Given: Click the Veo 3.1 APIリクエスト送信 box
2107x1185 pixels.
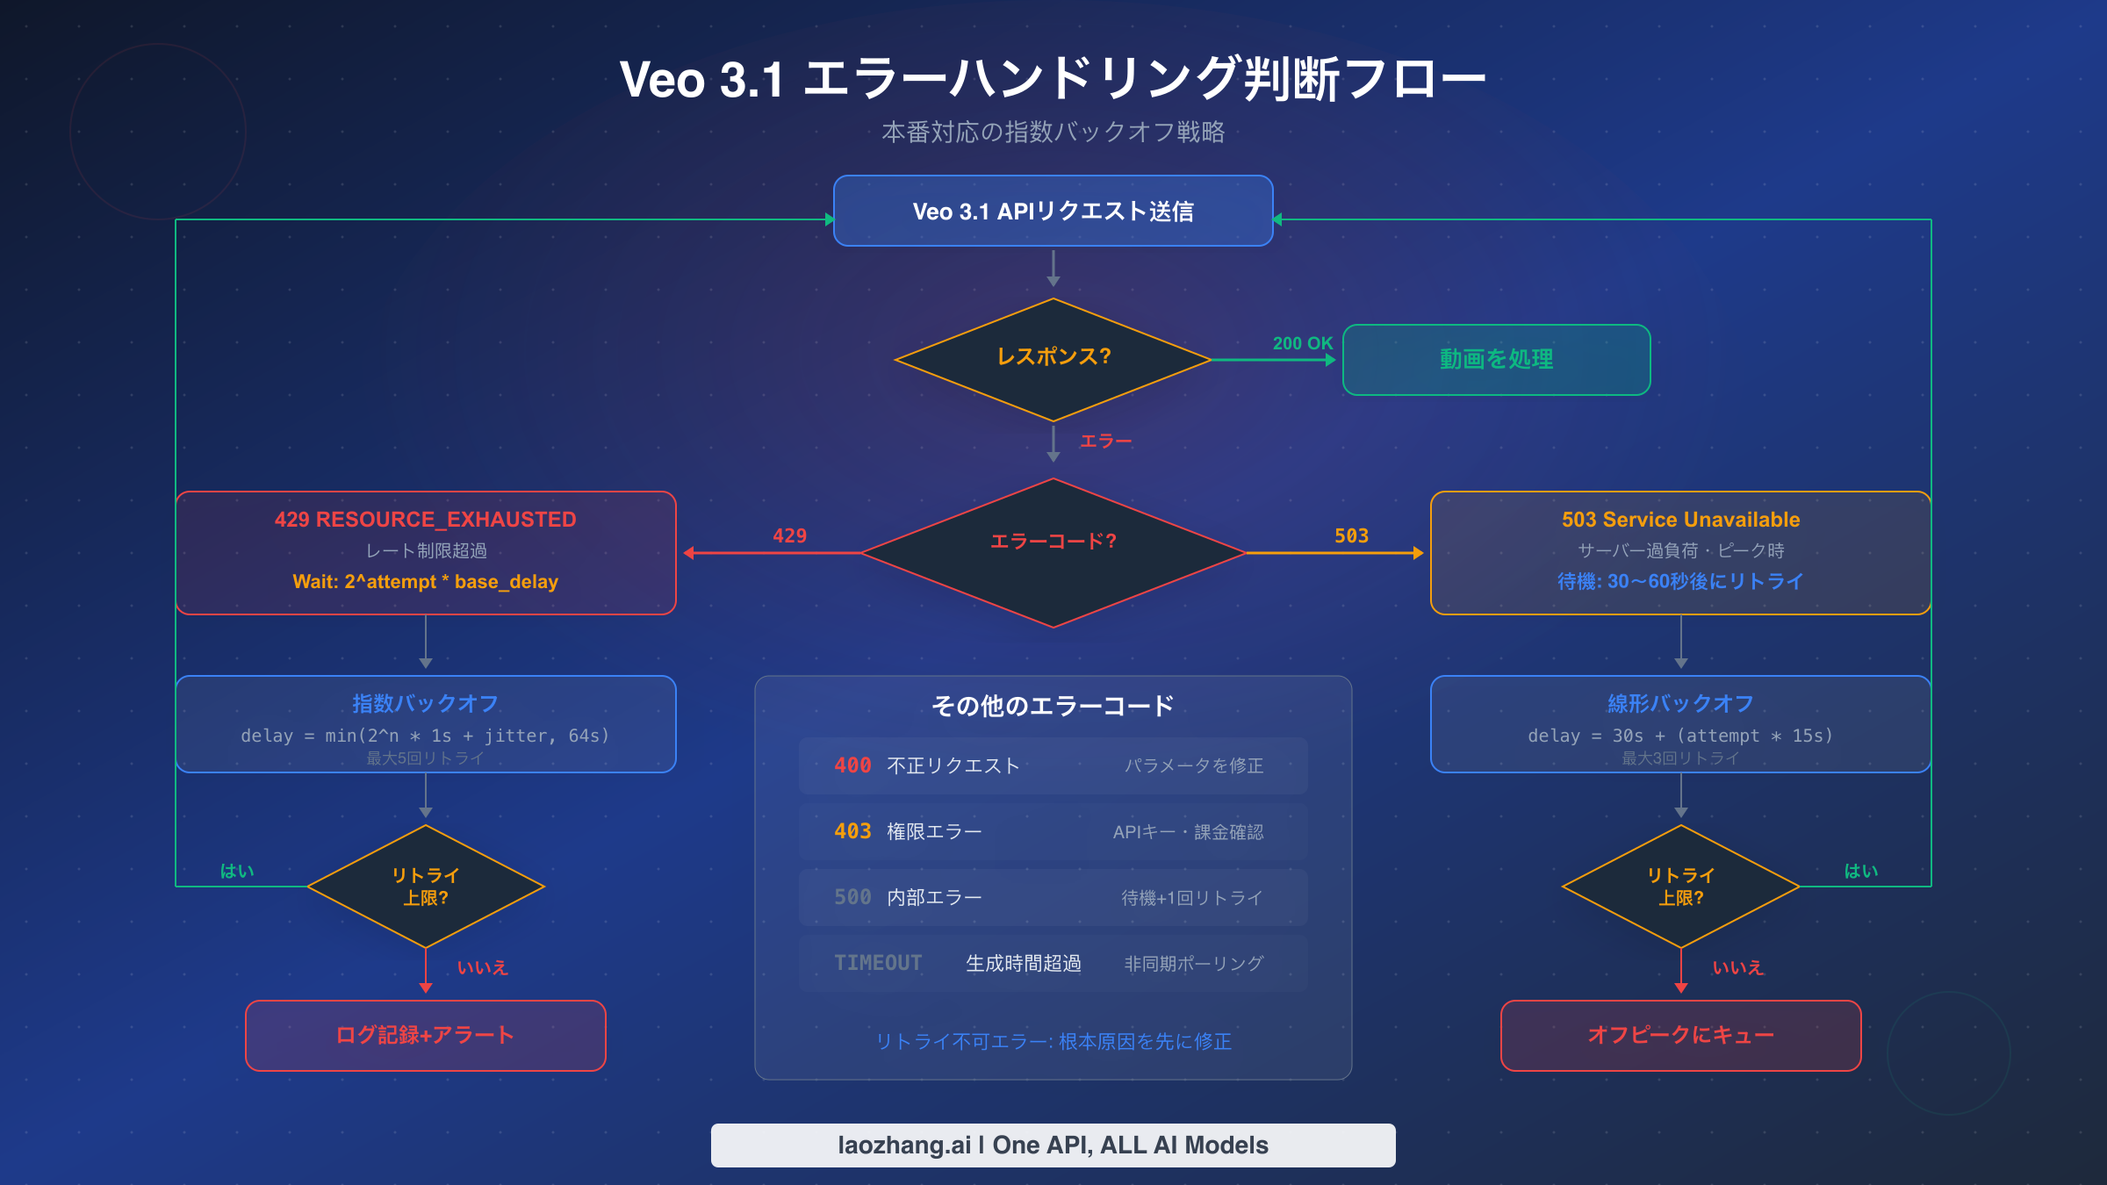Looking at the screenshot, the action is pyautogui.click(x=1053, y=212).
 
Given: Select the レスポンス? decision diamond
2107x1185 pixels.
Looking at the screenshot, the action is pyautogui.click(x=1053, y=358).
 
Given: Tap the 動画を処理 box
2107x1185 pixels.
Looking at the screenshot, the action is pyautogui.click(x=1496, y=359).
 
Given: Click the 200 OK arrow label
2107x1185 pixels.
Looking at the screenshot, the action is pyautogui.click(x=1302, y=343).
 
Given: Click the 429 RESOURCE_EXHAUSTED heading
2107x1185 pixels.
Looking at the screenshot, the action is pyautogui.click(x=425, y=520).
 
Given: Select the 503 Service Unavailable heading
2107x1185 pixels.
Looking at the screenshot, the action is pyautogui.click(x=1680, y=520).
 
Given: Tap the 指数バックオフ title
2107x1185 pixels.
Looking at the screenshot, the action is pyautogui.click(x=425, y=703).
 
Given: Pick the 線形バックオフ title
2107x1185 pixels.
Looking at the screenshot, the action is pyautogui.click(x=1680, y=703).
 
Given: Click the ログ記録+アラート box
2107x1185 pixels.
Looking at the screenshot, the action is pyautogui.click(x=425, y=1035).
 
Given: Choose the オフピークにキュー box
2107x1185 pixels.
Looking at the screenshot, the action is pyautogui.click(x=1680, y=1035).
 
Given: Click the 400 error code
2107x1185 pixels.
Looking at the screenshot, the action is pyautogui.click(x=852, y=765).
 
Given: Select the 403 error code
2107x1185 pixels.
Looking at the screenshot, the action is pyautogui.click(x=852, y=831).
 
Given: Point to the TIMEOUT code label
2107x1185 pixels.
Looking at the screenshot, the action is pyautogui.click(x=878, y=963).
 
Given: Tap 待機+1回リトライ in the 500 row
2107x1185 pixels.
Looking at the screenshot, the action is pyautogui.click(x=1192, y=898).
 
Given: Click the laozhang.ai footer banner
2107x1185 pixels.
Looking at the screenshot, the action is pyautogui.click(x=1053, y=1145).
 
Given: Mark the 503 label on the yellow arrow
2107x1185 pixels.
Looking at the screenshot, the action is pyautogui.click(x=1351, y=536).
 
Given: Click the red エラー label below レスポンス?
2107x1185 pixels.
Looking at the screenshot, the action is pyautogui.click(x=1105, y=441).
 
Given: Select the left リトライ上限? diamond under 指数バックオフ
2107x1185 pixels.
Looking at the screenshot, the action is pyautogui.click(x=425, y=887).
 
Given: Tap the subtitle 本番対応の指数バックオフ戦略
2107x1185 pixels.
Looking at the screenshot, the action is pyautogui.click(x=1053, y=133).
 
